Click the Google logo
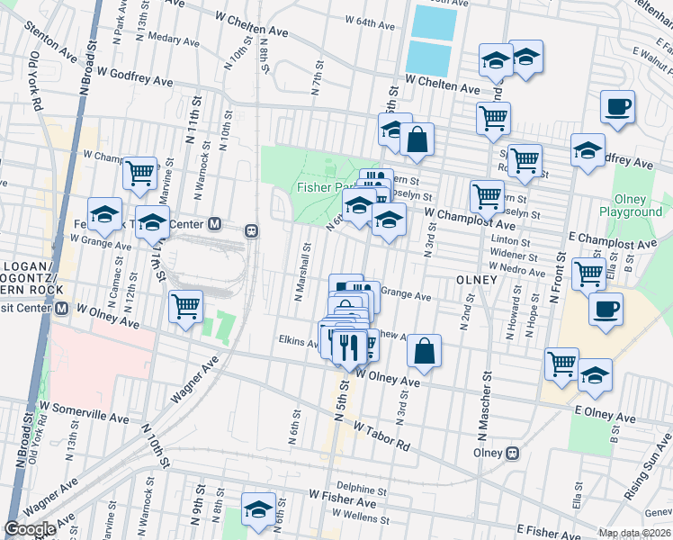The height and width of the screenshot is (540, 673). (x=30, y=528)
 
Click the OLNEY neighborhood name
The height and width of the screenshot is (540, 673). (x=476, y=280)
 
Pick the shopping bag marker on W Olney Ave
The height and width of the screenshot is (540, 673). (x=425, y=353)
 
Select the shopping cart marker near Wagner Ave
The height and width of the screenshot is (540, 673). (x=185, y=307)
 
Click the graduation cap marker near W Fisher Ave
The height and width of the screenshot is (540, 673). (x=258, y=508)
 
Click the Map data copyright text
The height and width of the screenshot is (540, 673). (x=633, y=533)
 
